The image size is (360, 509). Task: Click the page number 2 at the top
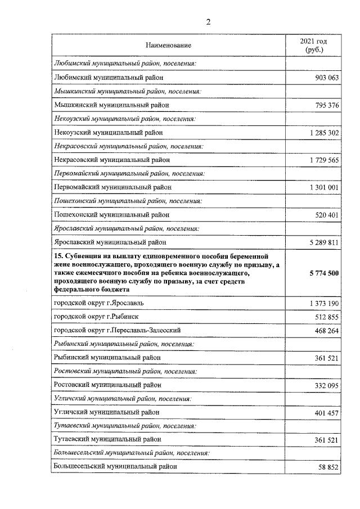tap(208, 22)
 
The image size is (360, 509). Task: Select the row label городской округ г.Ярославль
tap(98, 303)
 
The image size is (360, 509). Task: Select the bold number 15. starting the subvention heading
tap(58, 255)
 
